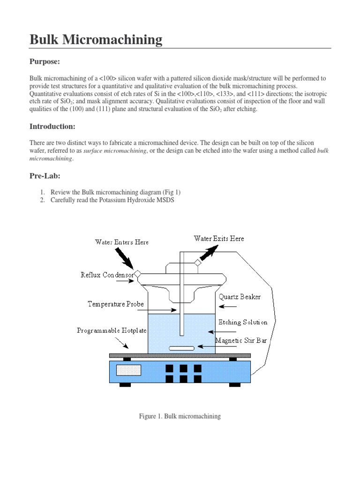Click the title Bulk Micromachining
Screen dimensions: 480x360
click(96, 40)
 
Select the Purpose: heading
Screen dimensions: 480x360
click(45, 62)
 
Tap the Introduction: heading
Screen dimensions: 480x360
click(52, 127)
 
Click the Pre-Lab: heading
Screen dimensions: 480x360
click(45, 176)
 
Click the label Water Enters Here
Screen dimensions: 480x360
click(122, 242)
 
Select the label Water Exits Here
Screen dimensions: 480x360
click(219, 239)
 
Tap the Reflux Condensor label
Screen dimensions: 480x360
click(107, 275)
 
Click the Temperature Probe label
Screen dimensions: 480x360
click(116, 304)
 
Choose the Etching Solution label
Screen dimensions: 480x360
click(243, 322)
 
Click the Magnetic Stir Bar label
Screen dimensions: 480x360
click(241, 340)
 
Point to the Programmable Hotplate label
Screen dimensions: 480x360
click(108, 330)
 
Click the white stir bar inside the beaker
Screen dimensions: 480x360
click(181, 348)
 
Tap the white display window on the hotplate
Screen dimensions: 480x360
click(128, 369)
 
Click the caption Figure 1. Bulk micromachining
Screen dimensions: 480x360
click(180, 416)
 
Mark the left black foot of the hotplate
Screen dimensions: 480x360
click(125, 385)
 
